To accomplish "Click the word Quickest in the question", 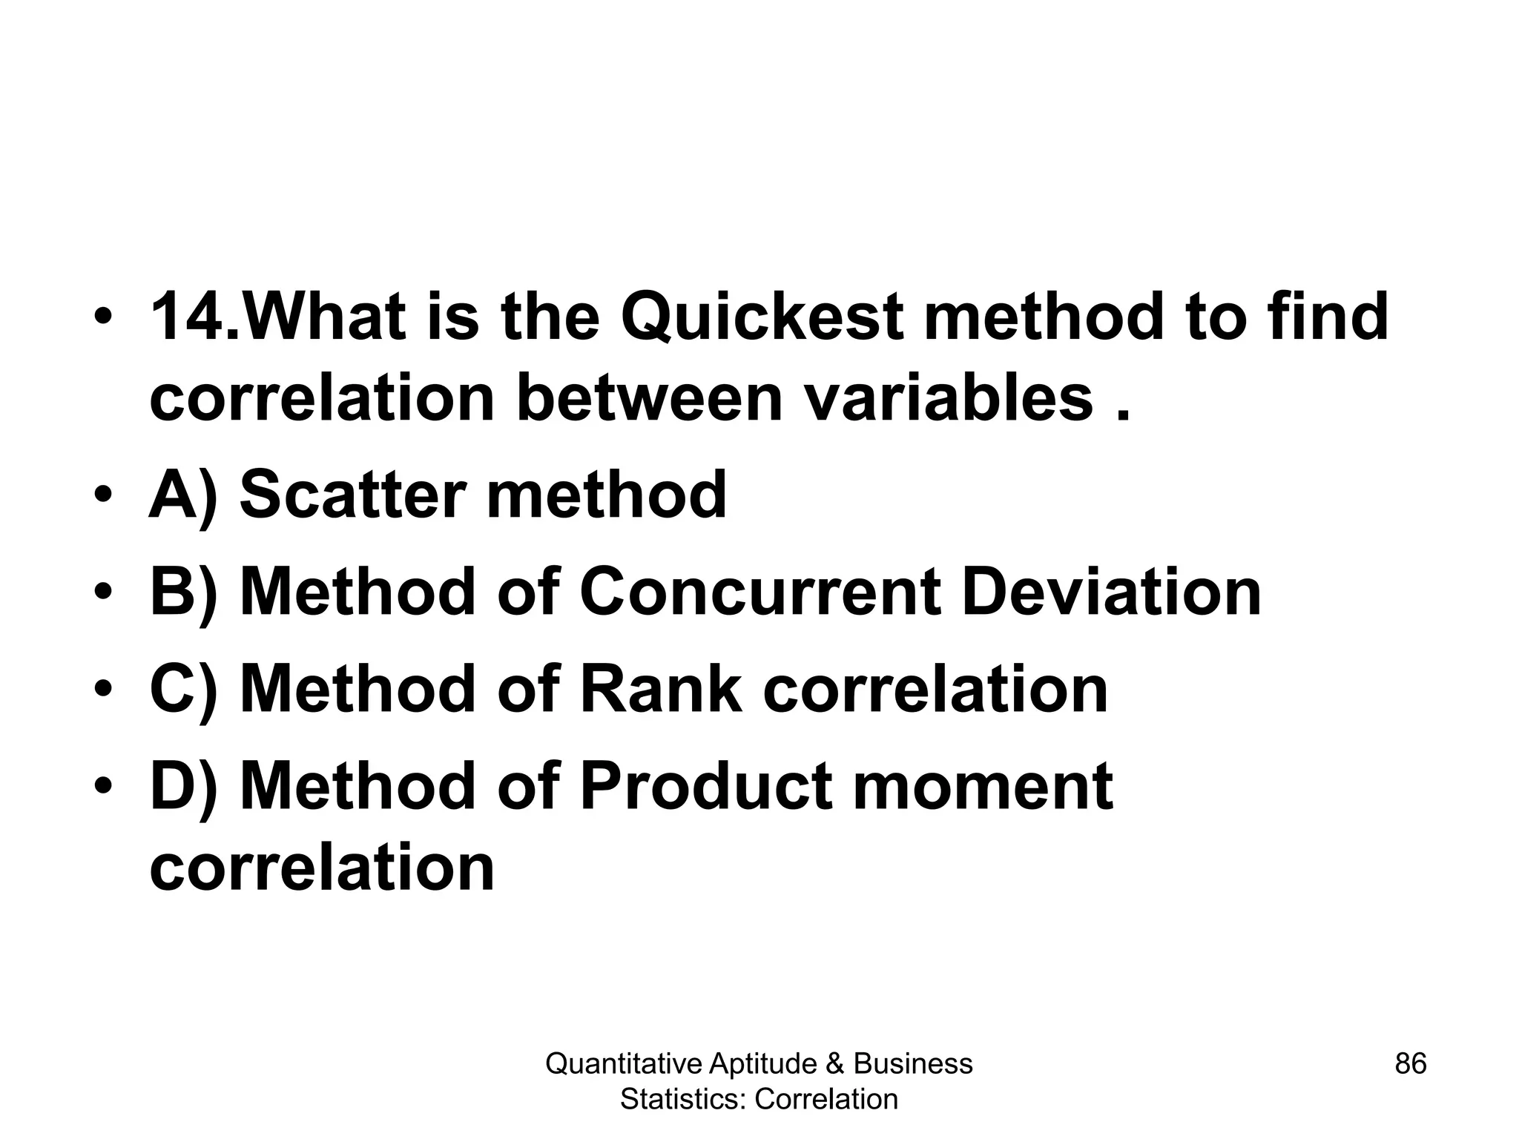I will pos(762,317).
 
